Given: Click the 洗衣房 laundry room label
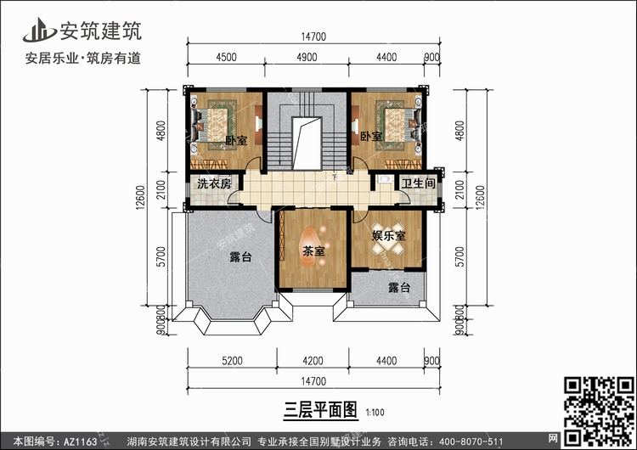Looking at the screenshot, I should pyautogui.click(x=214, y=184).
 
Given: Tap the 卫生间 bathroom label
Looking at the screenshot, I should pyautogui.click(x=418, y=183).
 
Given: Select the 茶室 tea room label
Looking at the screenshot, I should pyautogui.click(x=313, y=251).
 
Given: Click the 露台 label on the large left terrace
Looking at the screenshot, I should pyautogui.click(x=240, y=257).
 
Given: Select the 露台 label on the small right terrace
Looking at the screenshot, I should pyautogui.click(x=399, y=288).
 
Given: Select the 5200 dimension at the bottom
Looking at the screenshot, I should pyautogui.click(x=234, y=360).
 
